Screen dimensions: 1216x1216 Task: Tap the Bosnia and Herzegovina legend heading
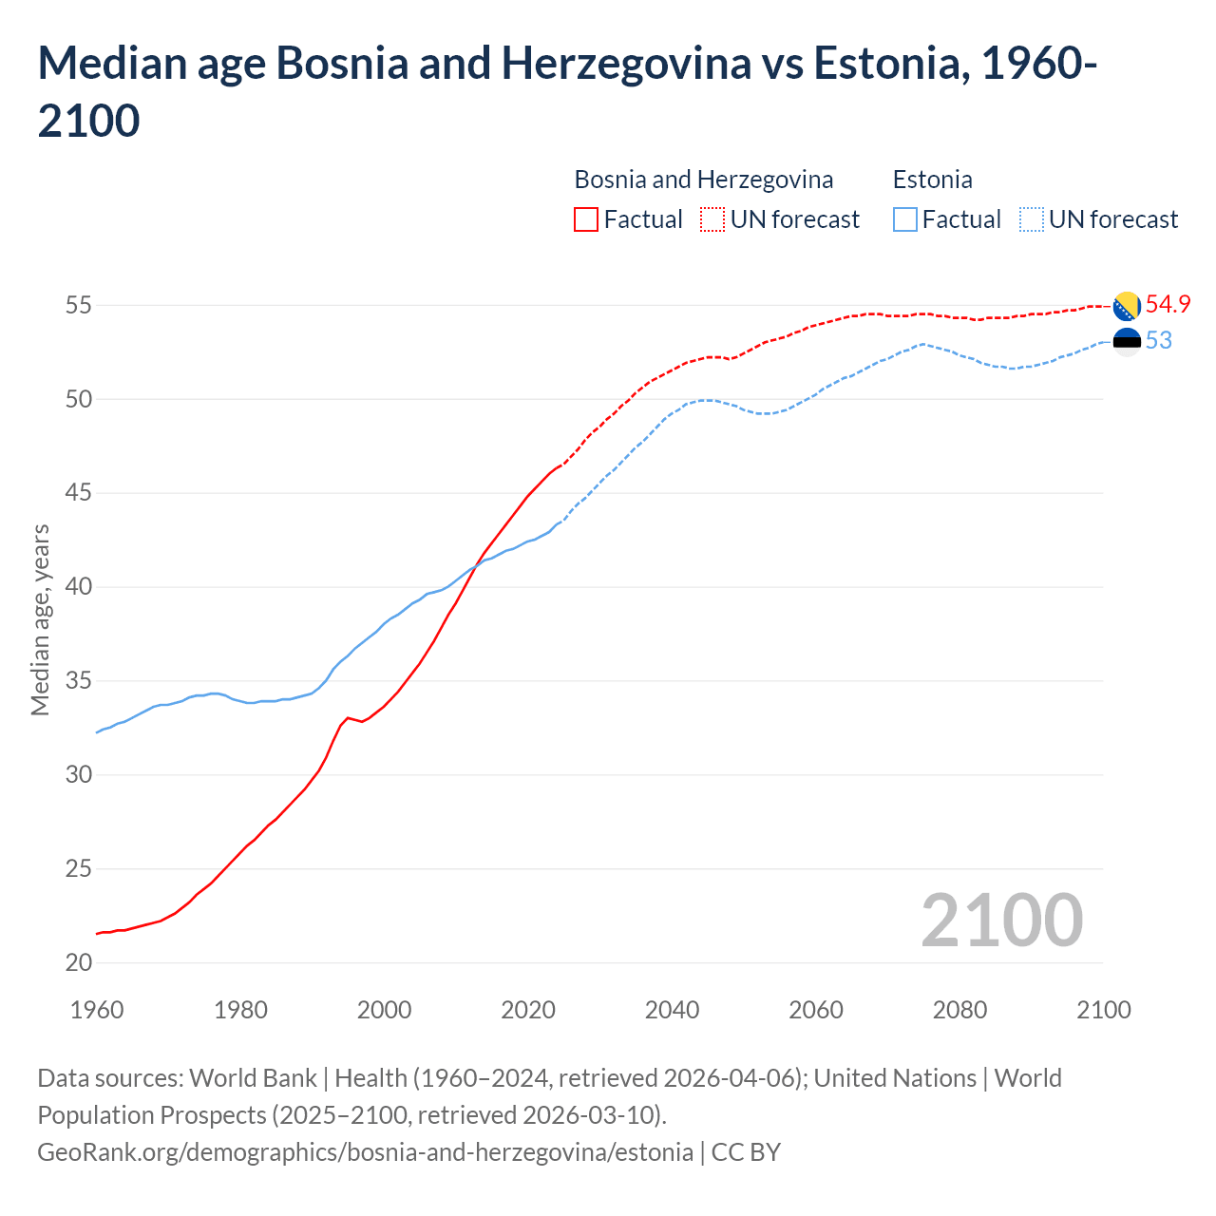pos(703,180)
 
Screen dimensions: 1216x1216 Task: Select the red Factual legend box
pos(586,219)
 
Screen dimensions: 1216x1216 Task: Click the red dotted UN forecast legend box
pos(712,219)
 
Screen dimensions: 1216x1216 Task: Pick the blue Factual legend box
pos(905,219)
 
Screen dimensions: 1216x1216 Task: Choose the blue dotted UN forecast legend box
pos(1031,219)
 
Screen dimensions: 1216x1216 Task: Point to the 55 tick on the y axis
pos(78,306)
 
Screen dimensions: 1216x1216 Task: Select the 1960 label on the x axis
pos(97,1010)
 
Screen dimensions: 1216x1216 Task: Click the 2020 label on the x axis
pos(528,1010)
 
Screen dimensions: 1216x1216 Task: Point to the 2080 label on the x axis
pos(959,1010)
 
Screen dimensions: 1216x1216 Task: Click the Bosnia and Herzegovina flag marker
pos(1127,306)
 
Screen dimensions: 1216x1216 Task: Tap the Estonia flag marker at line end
pos(1127,341)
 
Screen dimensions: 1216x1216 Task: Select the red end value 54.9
pos(1168,305)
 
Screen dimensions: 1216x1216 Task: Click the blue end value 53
pos(1159,341)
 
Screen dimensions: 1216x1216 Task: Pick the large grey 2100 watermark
pos(1001,921)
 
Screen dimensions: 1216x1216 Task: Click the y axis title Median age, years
pos(40,619)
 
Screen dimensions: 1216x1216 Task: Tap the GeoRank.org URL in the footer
pos(365,1152)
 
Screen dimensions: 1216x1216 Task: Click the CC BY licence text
pos(746,1152)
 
